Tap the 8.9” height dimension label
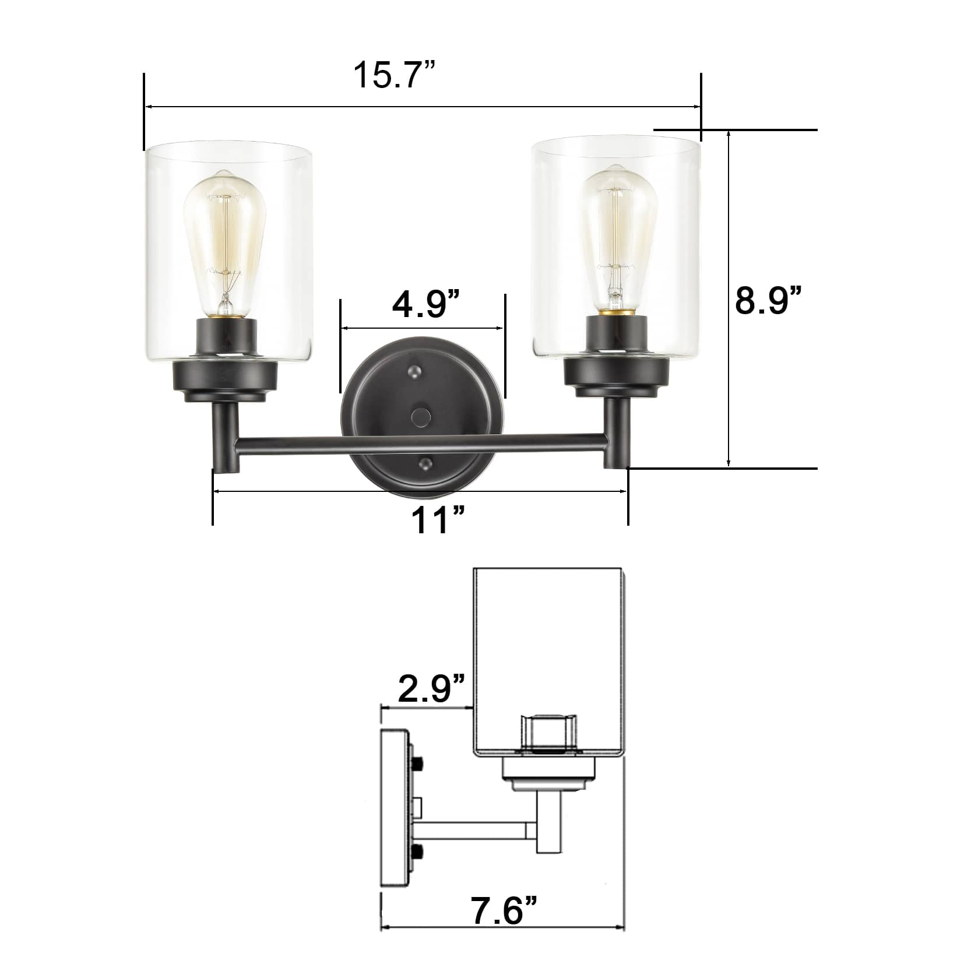tap(768, 300)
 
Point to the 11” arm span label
tap(438, 519)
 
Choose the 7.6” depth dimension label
tap(505, 911)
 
